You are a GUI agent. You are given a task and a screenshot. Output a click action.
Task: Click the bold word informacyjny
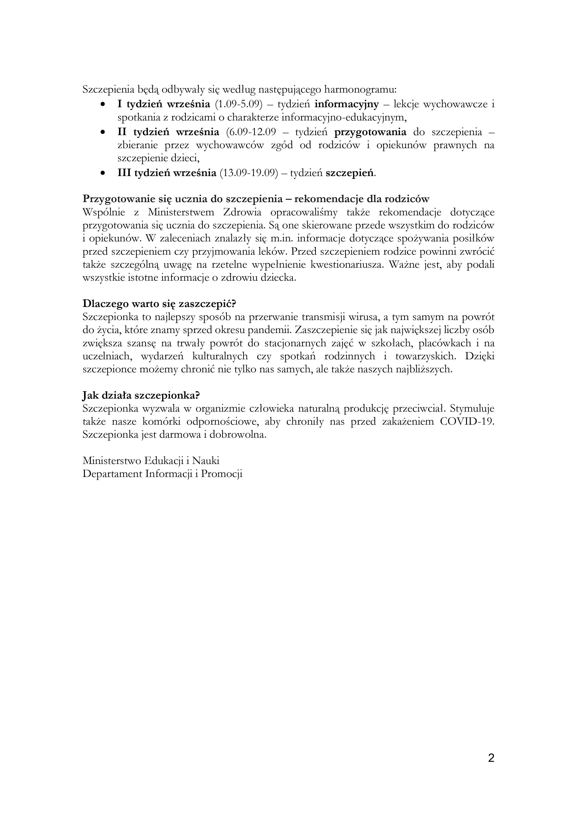point(347,104)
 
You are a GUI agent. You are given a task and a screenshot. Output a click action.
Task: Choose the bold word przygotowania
point(370,132)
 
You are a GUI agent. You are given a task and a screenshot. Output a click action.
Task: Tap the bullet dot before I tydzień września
point(103,104)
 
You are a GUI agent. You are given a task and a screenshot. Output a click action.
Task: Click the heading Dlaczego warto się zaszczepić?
point(159,304)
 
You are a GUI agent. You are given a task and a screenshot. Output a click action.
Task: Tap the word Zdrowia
point(242,213)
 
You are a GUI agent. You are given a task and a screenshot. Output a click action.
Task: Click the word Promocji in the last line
point(221,474)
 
